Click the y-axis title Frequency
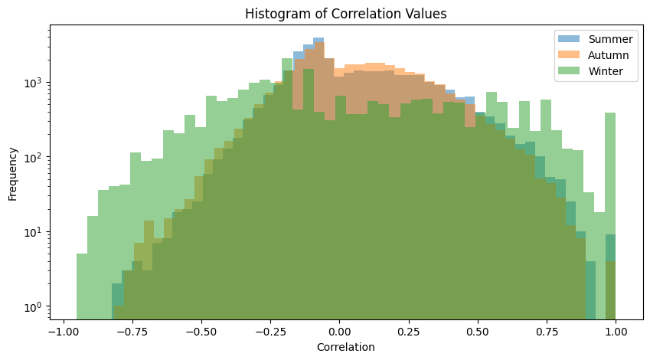pos(13,172)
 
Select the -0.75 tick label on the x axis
pos(132,331)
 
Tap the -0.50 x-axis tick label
pos(201,331)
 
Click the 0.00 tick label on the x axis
pos(338,331)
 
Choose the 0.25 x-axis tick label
pos(408,331)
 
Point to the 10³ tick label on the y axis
pos(34,83)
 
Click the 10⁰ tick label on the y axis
pos(34,307)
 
